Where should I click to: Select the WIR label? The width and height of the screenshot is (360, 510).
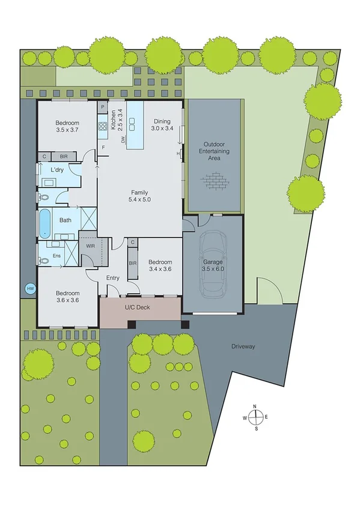tap(91, 246)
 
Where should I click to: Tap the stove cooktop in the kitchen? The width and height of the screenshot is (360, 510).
tap(102, 126)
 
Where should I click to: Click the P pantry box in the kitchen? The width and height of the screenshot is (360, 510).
tap(103, 108)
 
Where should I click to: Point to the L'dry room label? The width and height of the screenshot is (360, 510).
tap(57, 170)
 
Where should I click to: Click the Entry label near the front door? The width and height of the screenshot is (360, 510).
tap(113, 278)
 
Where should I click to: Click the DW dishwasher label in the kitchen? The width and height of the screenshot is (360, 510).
tap(123, 140)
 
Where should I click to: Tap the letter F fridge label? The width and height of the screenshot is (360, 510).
tap(103, 147)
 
